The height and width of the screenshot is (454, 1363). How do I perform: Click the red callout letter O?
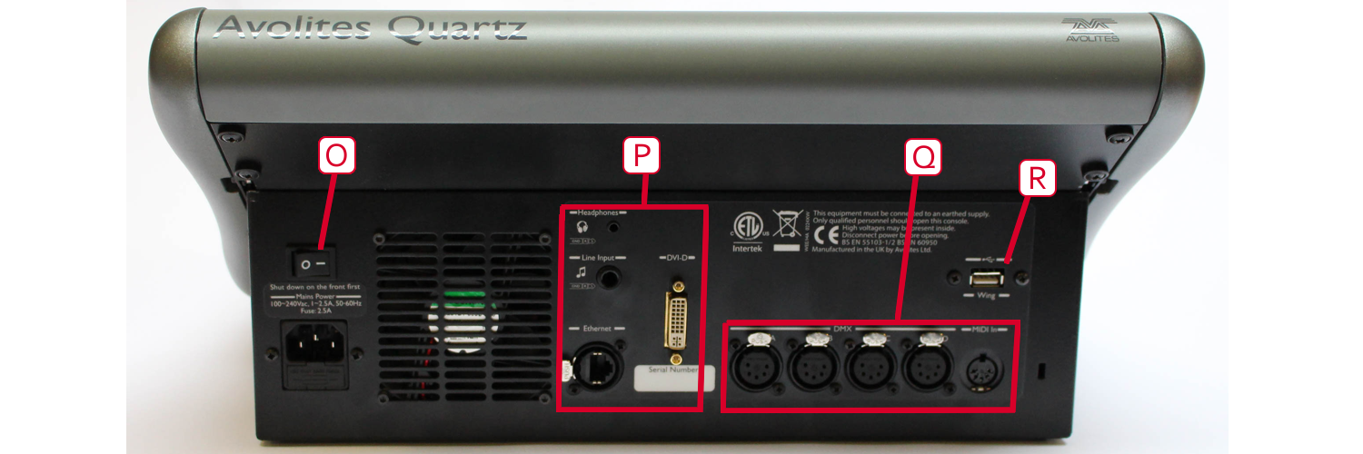click(335, 156)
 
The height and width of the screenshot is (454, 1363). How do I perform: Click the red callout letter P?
click(642, 156)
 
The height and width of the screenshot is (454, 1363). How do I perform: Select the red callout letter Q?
click(924, 156)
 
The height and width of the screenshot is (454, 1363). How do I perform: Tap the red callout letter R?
click(1036, 179)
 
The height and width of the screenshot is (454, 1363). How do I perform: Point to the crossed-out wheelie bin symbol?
click(786, 221)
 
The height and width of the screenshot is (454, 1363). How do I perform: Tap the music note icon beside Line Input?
click(582, 271)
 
